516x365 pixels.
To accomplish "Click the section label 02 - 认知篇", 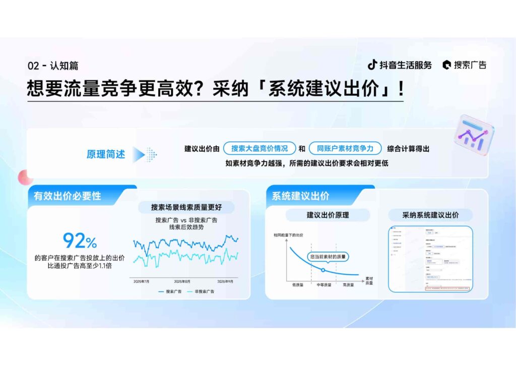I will [53, 66].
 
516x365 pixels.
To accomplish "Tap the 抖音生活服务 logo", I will [400, 65].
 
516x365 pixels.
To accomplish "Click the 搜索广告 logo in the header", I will [465, 65].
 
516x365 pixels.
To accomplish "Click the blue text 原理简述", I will [106, 154].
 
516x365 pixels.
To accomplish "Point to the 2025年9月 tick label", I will [226, 281].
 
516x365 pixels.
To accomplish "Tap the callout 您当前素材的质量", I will [328, 256].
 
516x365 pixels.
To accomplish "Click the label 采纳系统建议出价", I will [430, 215].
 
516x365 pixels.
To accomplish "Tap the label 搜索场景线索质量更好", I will [186, 207].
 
